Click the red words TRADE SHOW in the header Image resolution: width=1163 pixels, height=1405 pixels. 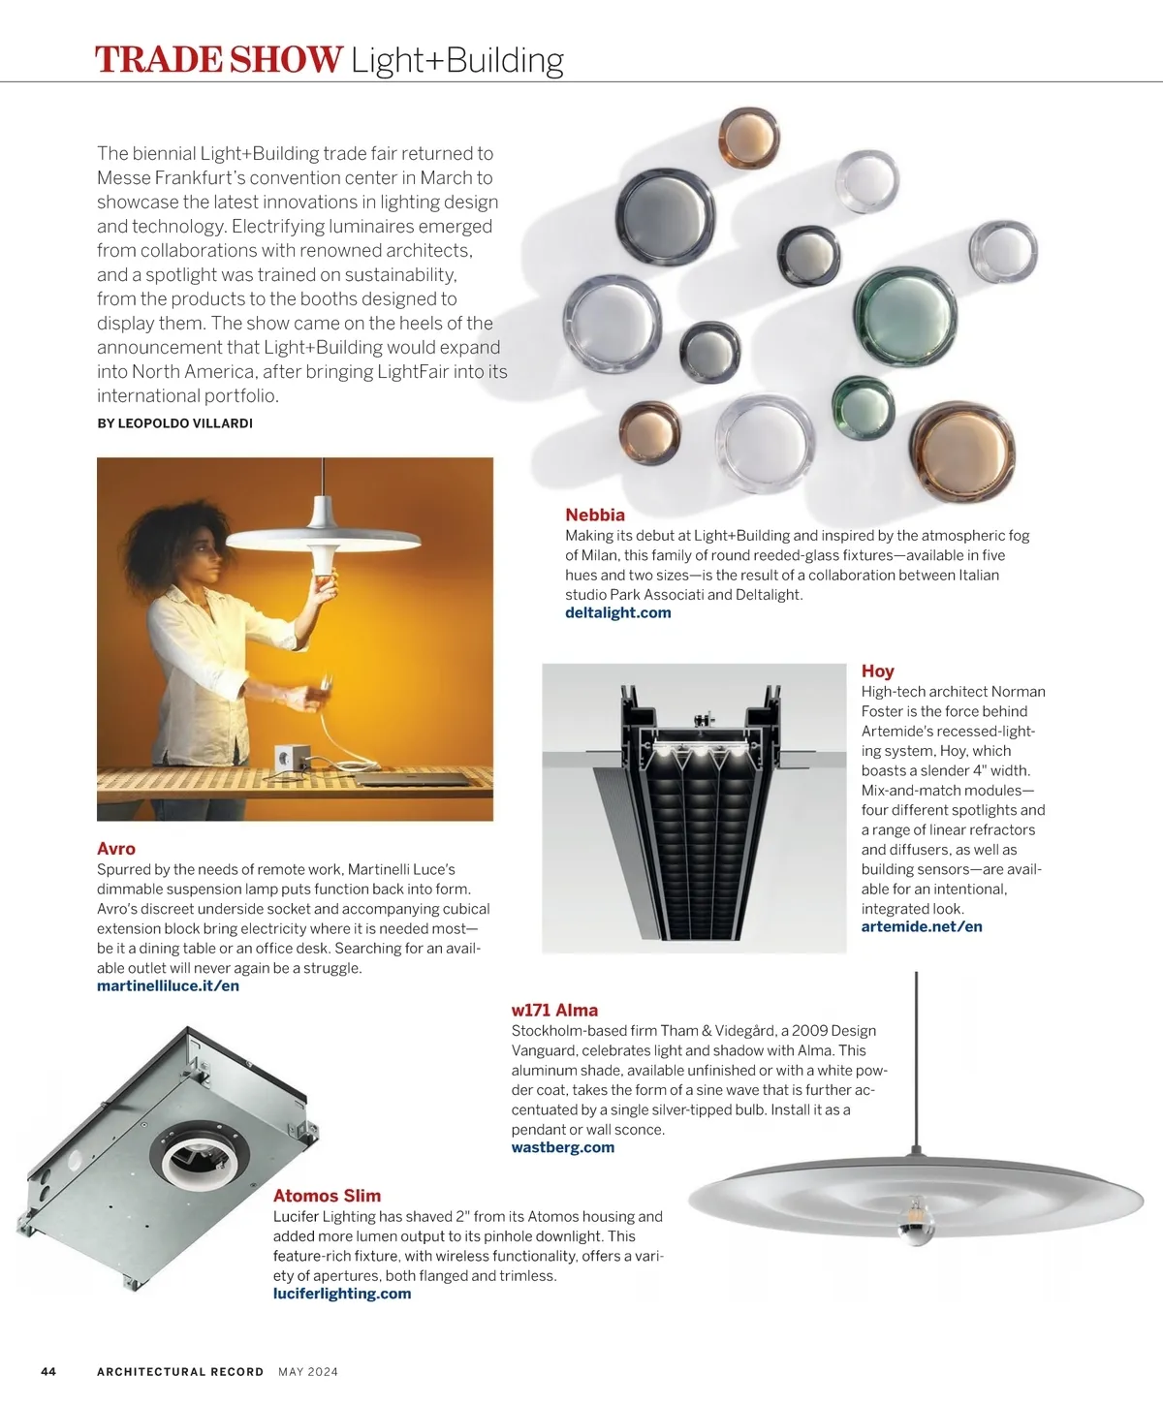click(x=218, y=60)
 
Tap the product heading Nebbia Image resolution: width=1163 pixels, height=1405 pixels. click(x=595, y=515)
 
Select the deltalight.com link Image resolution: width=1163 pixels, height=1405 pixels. click(x=617, y=612)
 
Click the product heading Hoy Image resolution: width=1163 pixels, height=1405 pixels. click(x=877, y=671)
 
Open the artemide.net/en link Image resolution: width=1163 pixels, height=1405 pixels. click(x=921, y=926)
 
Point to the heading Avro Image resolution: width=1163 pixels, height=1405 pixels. click(x=116, y=849)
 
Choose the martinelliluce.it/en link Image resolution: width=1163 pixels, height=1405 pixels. click(x=168, y=985)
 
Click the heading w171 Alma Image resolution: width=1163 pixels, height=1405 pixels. click(x=554, y=1010)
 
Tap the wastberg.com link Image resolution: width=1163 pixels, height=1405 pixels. click(x=562, y=1147)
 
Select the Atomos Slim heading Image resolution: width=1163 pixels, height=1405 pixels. click(x=327, y=1196)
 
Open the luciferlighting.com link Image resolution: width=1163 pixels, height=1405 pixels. click(x=341, y=1294)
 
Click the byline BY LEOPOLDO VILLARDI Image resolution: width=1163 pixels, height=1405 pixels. click(x=174, y=423)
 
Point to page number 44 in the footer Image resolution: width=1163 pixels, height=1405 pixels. click(x=48, y=1371)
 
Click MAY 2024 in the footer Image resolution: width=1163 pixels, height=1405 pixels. click(x=308, y=1371)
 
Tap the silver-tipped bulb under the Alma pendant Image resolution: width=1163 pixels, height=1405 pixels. click(x=915, y=1223)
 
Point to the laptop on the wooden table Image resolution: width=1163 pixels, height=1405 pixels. click(x=393, y=778)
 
